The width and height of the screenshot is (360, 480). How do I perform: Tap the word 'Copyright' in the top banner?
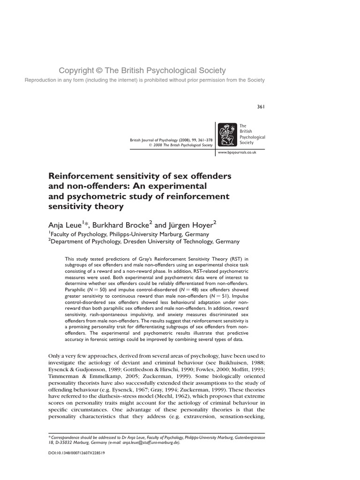76,71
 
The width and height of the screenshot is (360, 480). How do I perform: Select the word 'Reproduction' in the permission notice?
42,80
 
